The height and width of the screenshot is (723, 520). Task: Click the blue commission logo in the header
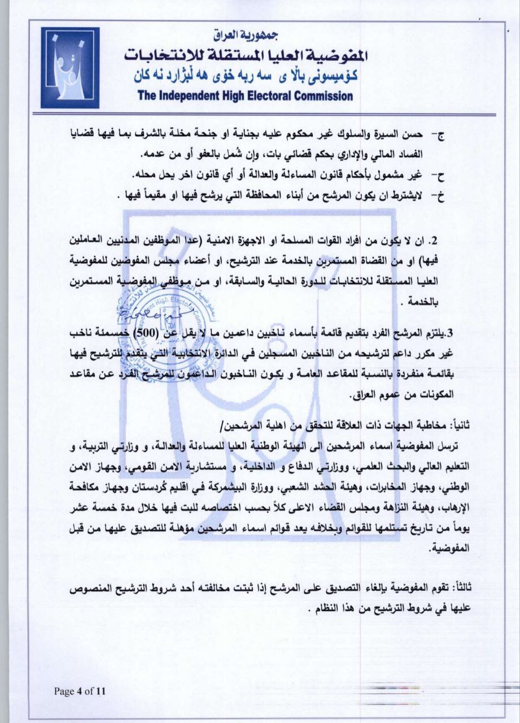coord(69,68)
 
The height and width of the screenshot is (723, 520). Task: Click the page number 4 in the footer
coord(80,691)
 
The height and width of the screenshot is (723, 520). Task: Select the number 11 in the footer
coord(101,691)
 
